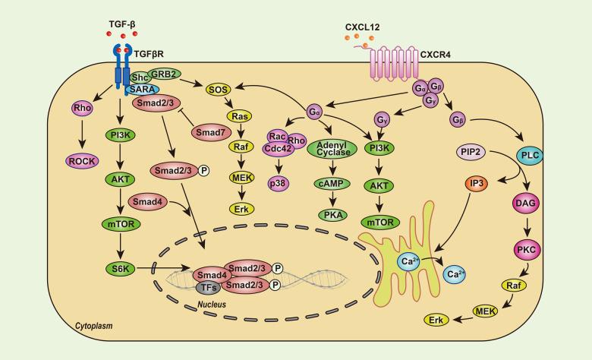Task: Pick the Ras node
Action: pos(240,118)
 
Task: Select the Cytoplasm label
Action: pos(93,326)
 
